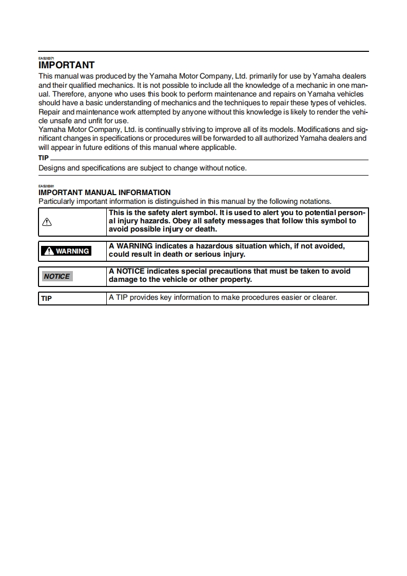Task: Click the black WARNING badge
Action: pos(66,251)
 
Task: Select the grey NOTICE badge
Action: pos(56,276)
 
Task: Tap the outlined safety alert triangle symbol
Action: pos(47,222)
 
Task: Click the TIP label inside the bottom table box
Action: pos(46,298)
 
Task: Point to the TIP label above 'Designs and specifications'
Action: pos(44,158)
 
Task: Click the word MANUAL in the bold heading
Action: pos(101,193)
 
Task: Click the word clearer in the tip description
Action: pos(323,297)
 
